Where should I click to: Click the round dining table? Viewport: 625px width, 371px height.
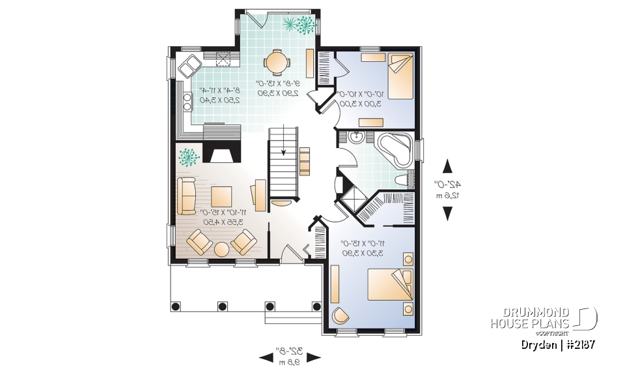tap(276, 63)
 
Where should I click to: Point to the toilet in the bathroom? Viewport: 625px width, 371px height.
tap(402, 180)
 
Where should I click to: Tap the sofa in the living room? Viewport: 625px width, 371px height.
tap(187, 195)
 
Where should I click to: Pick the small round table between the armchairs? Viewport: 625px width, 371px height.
tap(221, 249)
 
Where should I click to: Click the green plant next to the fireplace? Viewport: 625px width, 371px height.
tap(189, 158)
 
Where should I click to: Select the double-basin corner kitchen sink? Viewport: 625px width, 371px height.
tap(191, 65)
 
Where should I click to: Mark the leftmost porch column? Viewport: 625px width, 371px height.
tap(174, 305)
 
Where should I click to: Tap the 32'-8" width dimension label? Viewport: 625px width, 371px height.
tap(290, 356)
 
